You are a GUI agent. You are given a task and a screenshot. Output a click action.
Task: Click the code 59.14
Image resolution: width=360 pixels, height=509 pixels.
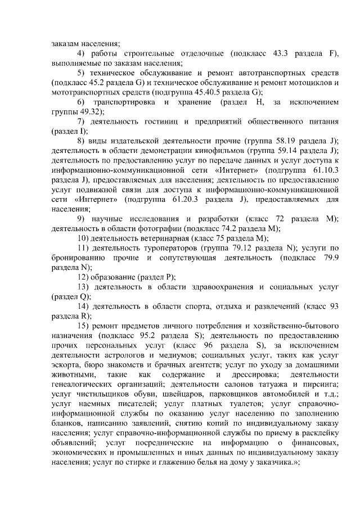[x=284, y=150]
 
